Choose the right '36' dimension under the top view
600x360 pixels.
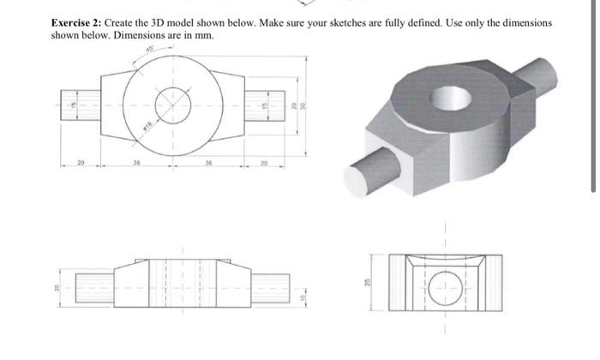tap(211, 159)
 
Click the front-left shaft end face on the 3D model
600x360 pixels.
tap(356, 181)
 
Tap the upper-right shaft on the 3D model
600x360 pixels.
tap(549, 72)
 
